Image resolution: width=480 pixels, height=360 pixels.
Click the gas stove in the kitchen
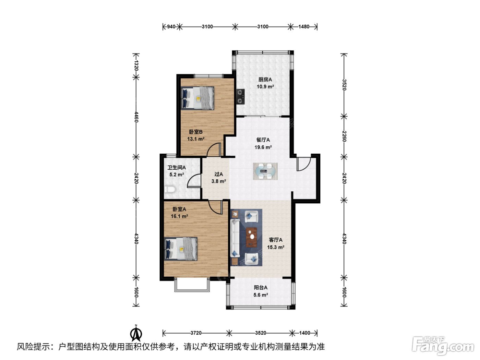pyautogui.click(x=240, y=97)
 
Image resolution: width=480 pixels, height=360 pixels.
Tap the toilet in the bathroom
pyautogui.click(x=169, y=189)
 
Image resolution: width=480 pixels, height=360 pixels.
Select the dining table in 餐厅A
pyautogui.click(x=265, y=171)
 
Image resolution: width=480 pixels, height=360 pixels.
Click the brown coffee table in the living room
pyautogui.click(x=251, y=237)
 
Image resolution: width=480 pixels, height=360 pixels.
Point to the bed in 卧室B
pyautogui.click(x=197, y=98)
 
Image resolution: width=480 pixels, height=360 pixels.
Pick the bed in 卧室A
pyautogui.click(x=181, y=249)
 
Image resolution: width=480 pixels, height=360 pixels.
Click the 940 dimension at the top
pyautogui.click(x=171, y=27)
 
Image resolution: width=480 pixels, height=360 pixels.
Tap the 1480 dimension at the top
pyautogui.click(x=304, y=27)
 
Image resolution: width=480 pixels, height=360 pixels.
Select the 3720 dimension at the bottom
pyautogui.click(x=196, y=333)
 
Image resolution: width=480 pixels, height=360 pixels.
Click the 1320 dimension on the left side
pyautogui.click(x=136, y=65)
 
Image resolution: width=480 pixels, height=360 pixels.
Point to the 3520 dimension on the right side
pyautogui.click(x=344, y=85)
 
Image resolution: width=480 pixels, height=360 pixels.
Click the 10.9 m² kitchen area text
pyautogui.click(x=265, y=86)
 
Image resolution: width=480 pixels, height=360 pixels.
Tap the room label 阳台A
pyautogui.click(x=261, y=288)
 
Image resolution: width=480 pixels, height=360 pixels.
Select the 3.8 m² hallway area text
pyautogui.click(x=218, y=181)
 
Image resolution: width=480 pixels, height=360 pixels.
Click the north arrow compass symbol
pyautogui.click(x=136, y=334)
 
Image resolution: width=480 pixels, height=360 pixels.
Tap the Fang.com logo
pyautogui.click(x=443, y=346)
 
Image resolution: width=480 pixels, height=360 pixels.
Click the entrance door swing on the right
pyautogui.click(x=304, y=164)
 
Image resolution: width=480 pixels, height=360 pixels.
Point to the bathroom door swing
pyautogui.click(x=194, y=181)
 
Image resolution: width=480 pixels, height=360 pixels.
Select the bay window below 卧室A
pyautogui.click(x=192, y=285)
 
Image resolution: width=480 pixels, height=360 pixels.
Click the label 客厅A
pyautogui.click(x=276, y=240)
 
